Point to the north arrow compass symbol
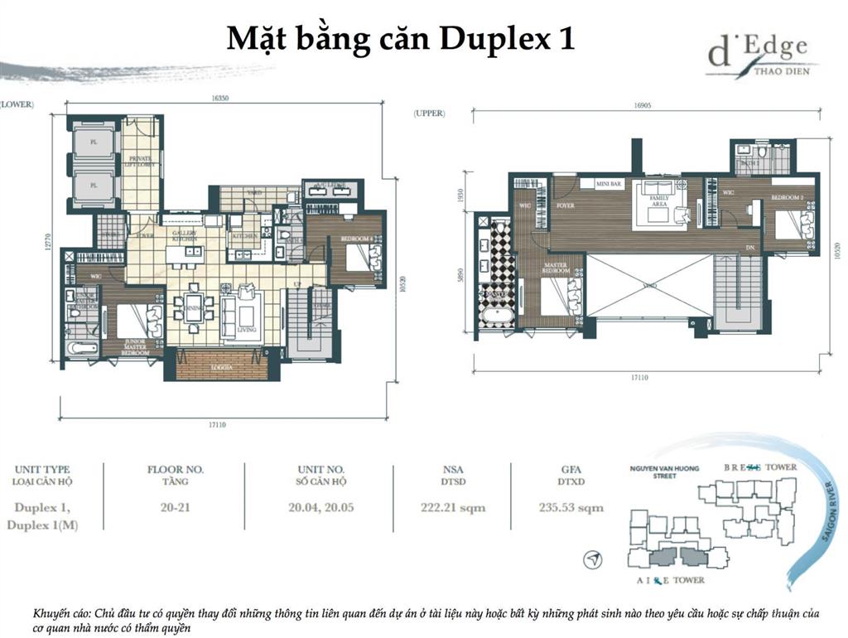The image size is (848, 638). pyautogui.click(x=592, y=562)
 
